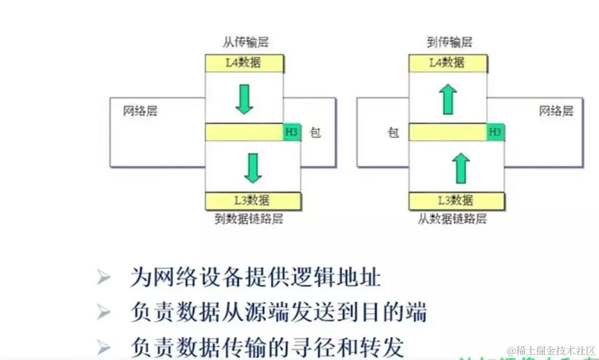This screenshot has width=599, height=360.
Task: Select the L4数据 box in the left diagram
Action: pos(244,63)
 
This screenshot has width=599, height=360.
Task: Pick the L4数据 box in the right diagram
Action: pos(448,63)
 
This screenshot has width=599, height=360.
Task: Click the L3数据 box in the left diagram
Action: pos(252,201)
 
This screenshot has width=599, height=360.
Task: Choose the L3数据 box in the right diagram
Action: pos(456,201)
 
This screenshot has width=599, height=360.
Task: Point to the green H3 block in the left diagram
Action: pos(292,132)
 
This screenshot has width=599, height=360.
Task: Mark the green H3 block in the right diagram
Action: pos(495,132)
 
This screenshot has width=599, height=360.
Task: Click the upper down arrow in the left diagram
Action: pos(244,99)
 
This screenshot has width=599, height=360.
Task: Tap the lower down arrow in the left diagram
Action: pos(253,168)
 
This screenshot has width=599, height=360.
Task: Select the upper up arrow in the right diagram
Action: pos(448,99)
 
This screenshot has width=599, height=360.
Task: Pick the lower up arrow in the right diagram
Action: pos(461,168)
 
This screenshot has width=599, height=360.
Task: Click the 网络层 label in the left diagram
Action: pos(140,111)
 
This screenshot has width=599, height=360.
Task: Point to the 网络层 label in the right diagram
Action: pos(556,111)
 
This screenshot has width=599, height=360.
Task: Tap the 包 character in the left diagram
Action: pos(315,133)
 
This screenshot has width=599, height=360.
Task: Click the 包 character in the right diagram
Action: pos(393,133)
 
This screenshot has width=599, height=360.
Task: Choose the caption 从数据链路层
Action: pos(452,219)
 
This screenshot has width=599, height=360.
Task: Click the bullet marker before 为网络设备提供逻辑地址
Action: pos(103,276)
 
